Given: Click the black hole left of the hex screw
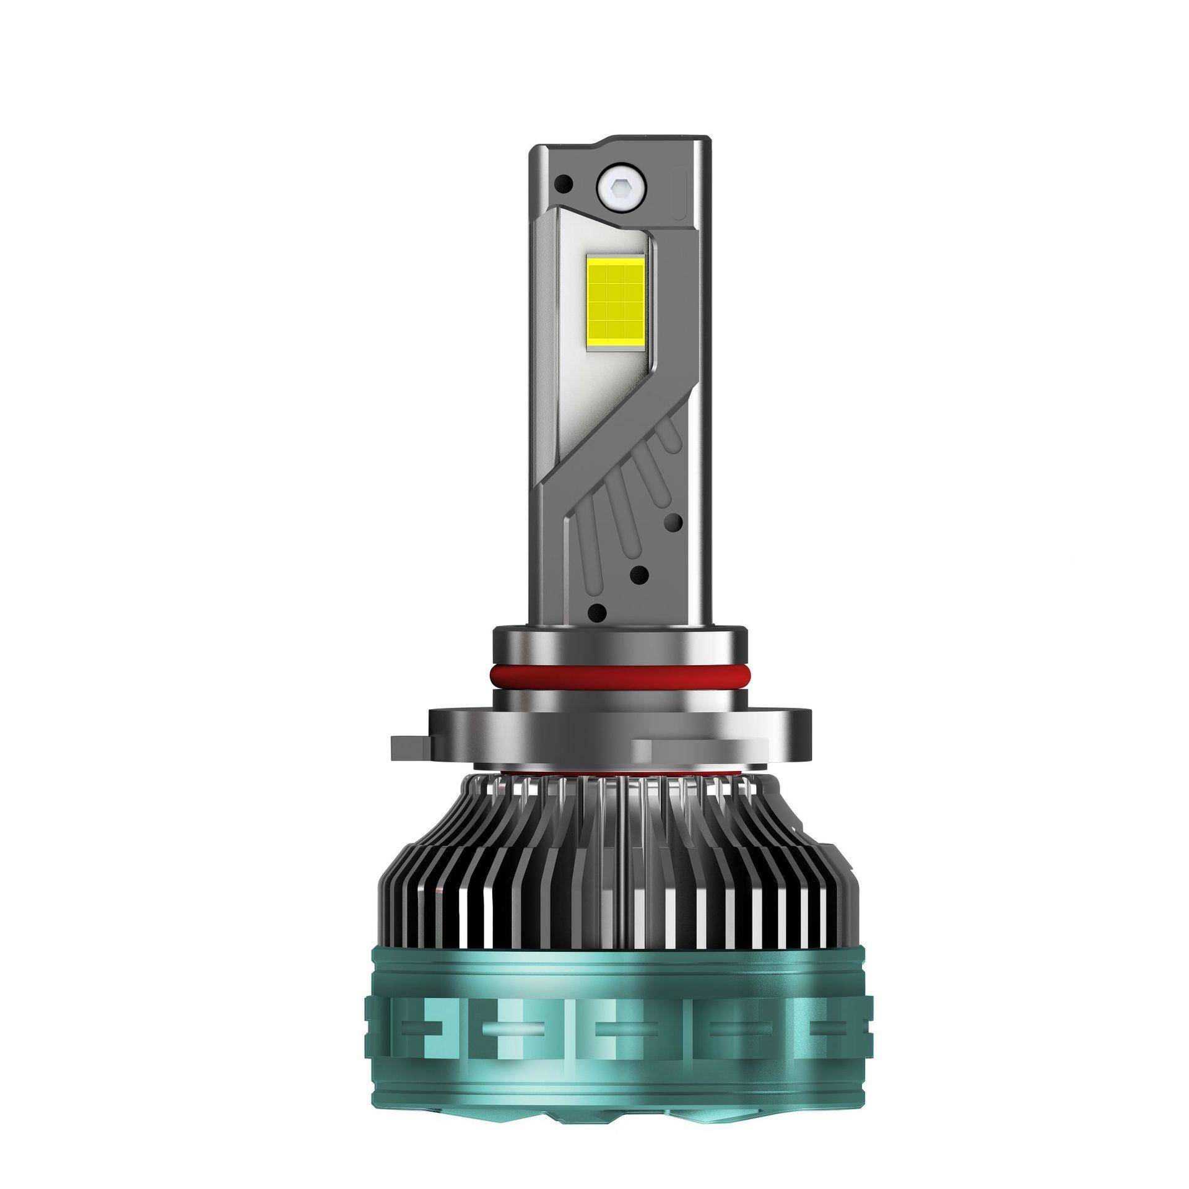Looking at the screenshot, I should click(564, 183).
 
